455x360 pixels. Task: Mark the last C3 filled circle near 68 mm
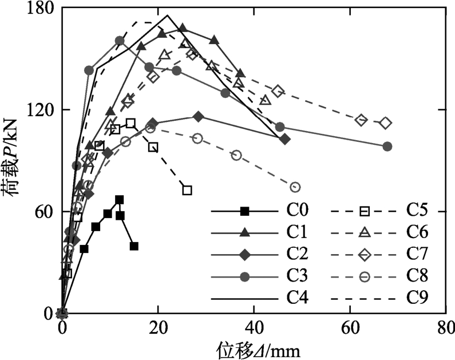[387, 146]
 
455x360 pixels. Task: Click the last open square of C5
[187, 190]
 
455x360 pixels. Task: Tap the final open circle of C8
[295, 187]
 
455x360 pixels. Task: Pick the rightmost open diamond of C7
[386, 123]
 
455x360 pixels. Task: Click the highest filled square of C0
[119, 200]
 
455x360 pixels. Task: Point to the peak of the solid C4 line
[167, 15]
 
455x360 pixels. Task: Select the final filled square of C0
[134, 246]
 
